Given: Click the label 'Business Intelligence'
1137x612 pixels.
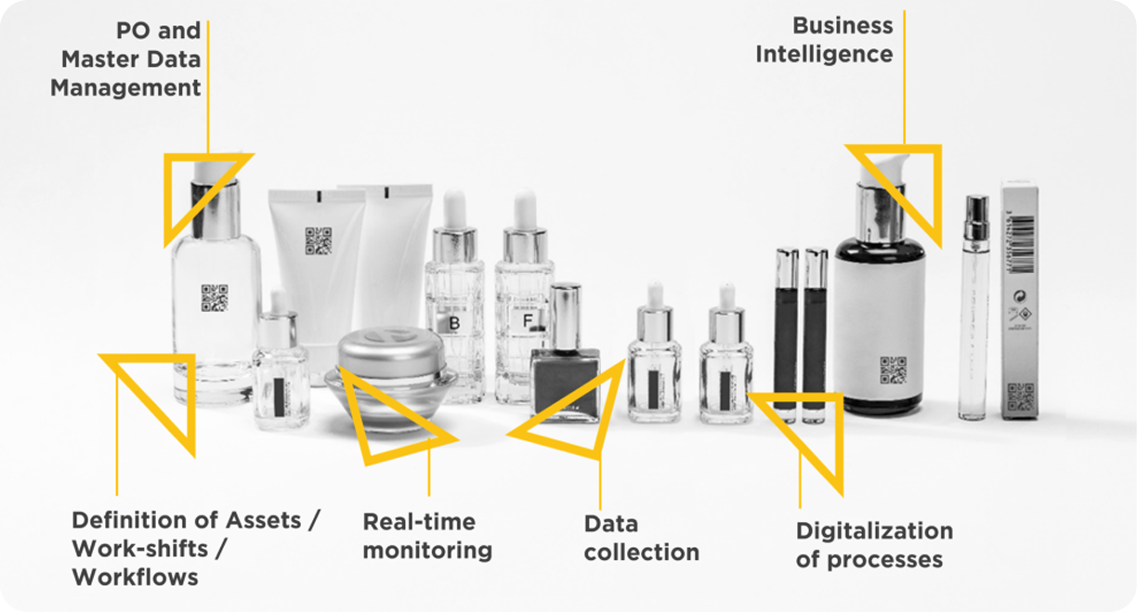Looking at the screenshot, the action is point(824,40).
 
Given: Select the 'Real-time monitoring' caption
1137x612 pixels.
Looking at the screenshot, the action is point(426,536).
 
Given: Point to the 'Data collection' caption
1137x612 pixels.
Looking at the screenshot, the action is point(641,538).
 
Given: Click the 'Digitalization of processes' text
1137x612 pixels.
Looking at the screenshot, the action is point(873,545).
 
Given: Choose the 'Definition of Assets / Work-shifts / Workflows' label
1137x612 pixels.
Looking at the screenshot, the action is point(195,548).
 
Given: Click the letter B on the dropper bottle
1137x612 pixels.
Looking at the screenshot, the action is point(454,323).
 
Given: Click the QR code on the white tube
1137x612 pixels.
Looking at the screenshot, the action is point(318,241).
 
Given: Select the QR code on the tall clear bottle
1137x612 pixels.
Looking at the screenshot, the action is point(215,297).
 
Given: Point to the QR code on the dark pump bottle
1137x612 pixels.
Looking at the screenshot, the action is point(893,369).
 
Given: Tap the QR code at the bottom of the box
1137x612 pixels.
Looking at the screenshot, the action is point(1020,397).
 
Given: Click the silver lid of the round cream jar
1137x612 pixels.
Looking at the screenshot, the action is point(390,349).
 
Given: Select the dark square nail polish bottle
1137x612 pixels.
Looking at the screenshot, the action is point(565,381).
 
